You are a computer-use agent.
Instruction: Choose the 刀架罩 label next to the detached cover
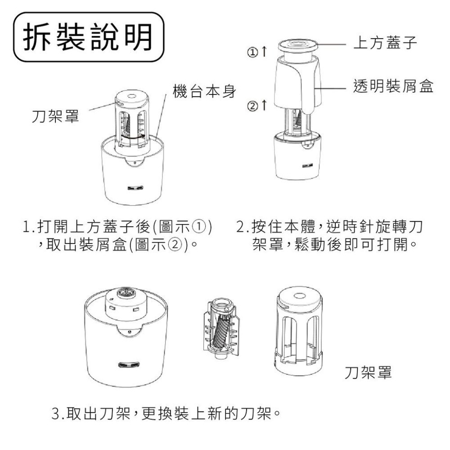tap(368, 372)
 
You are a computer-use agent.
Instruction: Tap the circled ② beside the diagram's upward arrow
tap(252, 106)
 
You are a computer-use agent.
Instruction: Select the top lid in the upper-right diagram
tap(297, 45)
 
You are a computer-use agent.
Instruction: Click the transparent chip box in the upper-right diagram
tap(297, 83)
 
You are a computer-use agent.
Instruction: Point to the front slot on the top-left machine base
tap(133, 189)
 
